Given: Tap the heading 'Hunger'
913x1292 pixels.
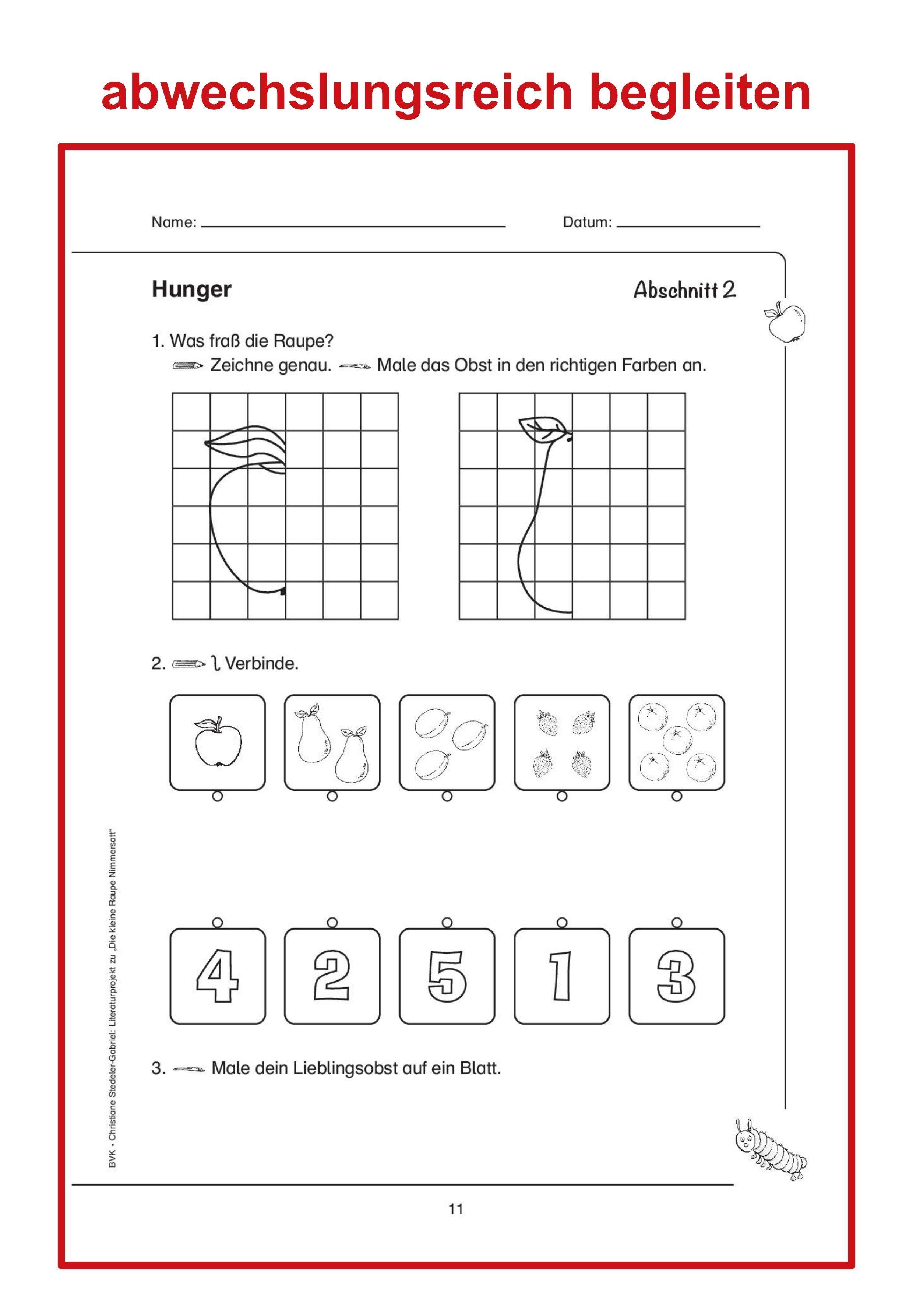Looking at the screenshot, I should tap(191, 290).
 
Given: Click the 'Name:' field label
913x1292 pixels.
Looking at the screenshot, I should tap(174, 222).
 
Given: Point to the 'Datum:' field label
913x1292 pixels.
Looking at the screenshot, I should tap(587, 222).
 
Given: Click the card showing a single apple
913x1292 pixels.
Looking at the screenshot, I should tap(217, 742).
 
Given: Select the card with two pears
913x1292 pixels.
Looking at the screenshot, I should tap(332, 742).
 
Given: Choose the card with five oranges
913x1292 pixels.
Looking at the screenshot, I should tap(677, 742).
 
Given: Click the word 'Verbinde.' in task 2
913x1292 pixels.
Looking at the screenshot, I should tap(262, 664).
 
